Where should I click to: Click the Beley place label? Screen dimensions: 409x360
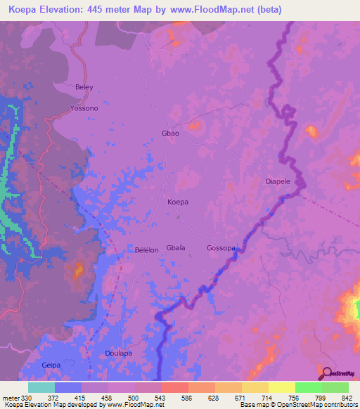tap(84, 87)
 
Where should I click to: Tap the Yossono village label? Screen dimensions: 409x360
tap(84, 109)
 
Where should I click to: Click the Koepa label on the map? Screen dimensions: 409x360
tap(178, 202)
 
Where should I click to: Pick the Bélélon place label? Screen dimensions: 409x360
tap(146, 249)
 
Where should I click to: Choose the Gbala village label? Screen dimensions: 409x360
tap(176, 248)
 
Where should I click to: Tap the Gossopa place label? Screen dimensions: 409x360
tap(221, 248)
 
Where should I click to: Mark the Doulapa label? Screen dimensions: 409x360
tap(118, 353)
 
